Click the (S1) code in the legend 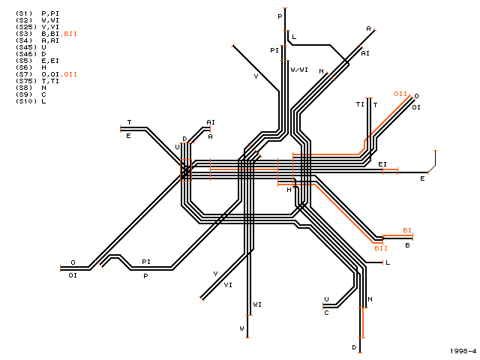(24, 13)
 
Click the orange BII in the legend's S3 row (69, 34)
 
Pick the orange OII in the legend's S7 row (69, 74)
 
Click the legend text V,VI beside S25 (50, 27)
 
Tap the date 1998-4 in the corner (463, 351)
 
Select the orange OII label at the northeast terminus (400, 94)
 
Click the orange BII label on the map (381, 248)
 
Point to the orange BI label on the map (407, 230)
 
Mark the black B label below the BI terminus (407, 245)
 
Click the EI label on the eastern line (382, 164)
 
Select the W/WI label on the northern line (299, 70)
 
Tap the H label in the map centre (289, 190)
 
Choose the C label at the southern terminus (326, 313)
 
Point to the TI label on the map (360, 104)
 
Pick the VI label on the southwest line (228, 285)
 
